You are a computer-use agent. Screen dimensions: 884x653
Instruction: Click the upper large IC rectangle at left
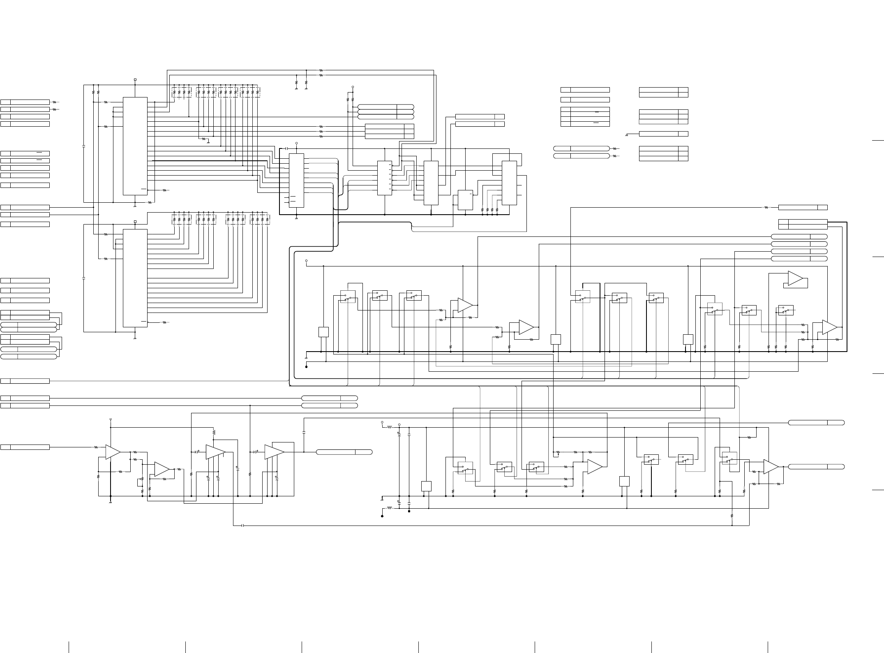click(135, 146)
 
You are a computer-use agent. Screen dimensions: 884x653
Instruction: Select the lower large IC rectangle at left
click(135, 278)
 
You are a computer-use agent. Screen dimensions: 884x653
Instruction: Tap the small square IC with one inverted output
click(465, 200)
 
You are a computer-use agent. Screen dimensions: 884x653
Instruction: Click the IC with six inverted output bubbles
click(385, 178)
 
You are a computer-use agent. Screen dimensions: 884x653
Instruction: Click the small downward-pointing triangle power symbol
click(111, 420)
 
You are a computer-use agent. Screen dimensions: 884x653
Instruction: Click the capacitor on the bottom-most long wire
click(243, 525)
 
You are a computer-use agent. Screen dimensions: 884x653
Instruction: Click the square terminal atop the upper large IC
click(135, 79)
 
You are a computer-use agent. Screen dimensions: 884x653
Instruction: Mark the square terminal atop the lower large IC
click(135, 221)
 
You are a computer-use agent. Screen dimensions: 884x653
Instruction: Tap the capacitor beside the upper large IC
click(84, 146)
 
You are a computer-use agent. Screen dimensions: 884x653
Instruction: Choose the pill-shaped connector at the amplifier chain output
click(344, 452)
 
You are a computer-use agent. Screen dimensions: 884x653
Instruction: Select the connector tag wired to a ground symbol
click(663, 134)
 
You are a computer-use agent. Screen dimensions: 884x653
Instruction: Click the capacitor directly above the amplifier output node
click(304, 432)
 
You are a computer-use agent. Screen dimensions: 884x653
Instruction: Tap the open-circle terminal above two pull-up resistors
click(353, 87)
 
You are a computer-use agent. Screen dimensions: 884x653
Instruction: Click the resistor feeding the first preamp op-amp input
click(97, 447)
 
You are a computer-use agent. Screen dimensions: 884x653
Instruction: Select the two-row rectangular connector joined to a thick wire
click(803, 224)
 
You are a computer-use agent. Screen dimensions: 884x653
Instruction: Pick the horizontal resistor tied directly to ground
click(204, 139)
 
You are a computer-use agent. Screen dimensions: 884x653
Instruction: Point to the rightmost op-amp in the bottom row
click(771, 467)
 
